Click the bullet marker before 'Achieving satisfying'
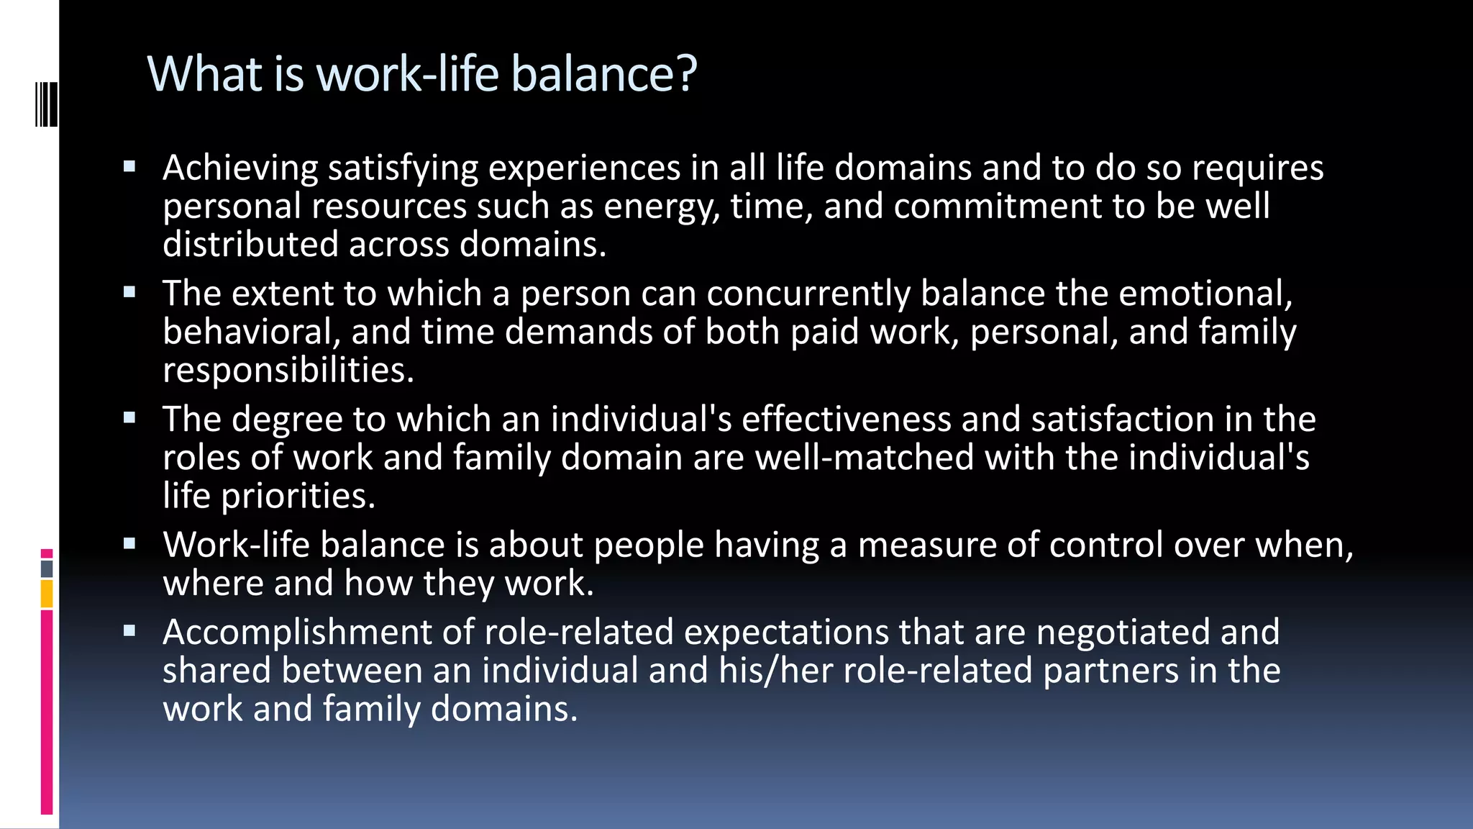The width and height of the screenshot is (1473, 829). [129, 168]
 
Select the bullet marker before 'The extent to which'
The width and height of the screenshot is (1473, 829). [129, 293]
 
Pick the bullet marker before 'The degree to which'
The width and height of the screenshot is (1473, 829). [129, 418]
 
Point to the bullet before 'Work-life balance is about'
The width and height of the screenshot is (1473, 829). [129, 544]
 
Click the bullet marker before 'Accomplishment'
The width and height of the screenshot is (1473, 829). [129, 631]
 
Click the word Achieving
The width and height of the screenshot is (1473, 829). [240, 168]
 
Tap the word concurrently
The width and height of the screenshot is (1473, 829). [808, 294]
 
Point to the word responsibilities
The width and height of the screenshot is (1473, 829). [288, 371]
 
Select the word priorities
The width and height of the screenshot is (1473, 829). [297, 497]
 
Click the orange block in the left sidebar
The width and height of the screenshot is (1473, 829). [47, 594]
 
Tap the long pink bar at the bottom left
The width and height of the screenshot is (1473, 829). [47, 712]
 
